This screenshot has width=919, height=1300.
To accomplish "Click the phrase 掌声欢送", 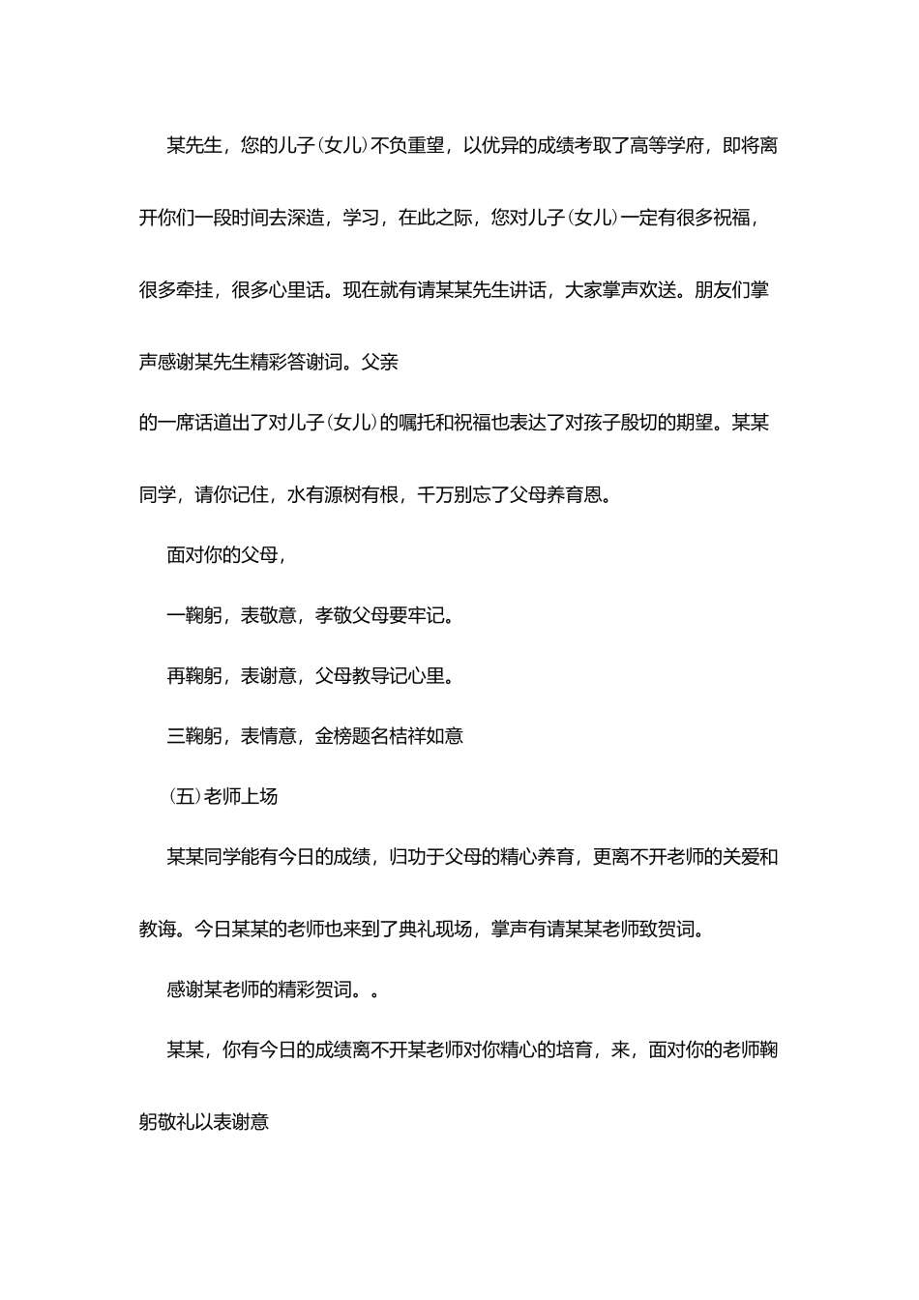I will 637,290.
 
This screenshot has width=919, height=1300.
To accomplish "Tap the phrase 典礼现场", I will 435,930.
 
